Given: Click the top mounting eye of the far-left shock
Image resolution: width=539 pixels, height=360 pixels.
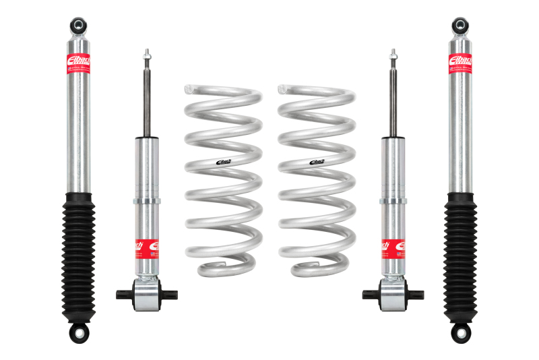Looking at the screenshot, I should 79,26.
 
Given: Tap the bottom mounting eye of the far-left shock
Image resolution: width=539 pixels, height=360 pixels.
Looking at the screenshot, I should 79,333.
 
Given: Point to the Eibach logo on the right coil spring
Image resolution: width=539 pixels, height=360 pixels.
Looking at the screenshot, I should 316,160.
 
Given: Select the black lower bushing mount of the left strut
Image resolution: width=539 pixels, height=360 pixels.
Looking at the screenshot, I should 146,293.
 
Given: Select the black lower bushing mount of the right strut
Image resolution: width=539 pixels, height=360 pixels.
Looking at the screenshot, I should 392,293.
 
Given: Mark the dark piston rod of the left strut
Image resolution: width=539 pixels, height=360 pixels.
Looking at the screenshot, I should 146,101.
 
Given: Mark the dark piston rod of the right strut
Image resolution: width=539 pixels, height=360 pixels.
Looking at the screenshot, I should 392,101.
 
